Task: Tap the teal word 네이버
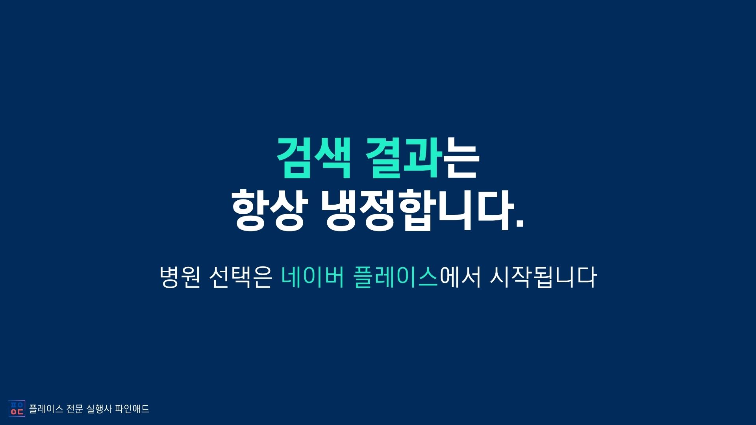point(313,277)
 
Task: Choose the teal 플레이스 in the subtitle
point(396,277)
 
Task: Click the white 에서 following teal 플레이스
point(460,277)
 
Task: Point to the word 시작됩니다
point(543,277)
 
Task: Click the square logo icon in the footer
point(17,408)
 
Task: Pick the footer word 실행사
point(99,409)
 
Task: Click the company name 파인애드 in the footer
point(132,409)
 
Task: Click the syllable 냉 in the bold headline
point(341,211)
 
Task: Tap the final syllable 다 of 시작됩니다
point(586,277)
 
